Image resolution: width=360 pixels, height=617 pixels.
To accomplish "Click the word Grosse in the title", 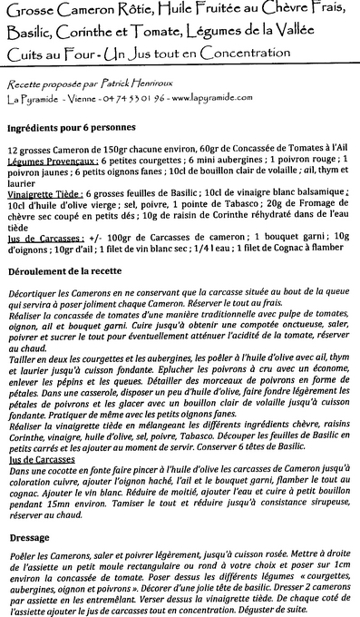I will (29, 11).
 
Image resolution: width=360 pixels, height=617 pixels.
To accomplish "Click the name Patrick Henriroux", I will (151, 82).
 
